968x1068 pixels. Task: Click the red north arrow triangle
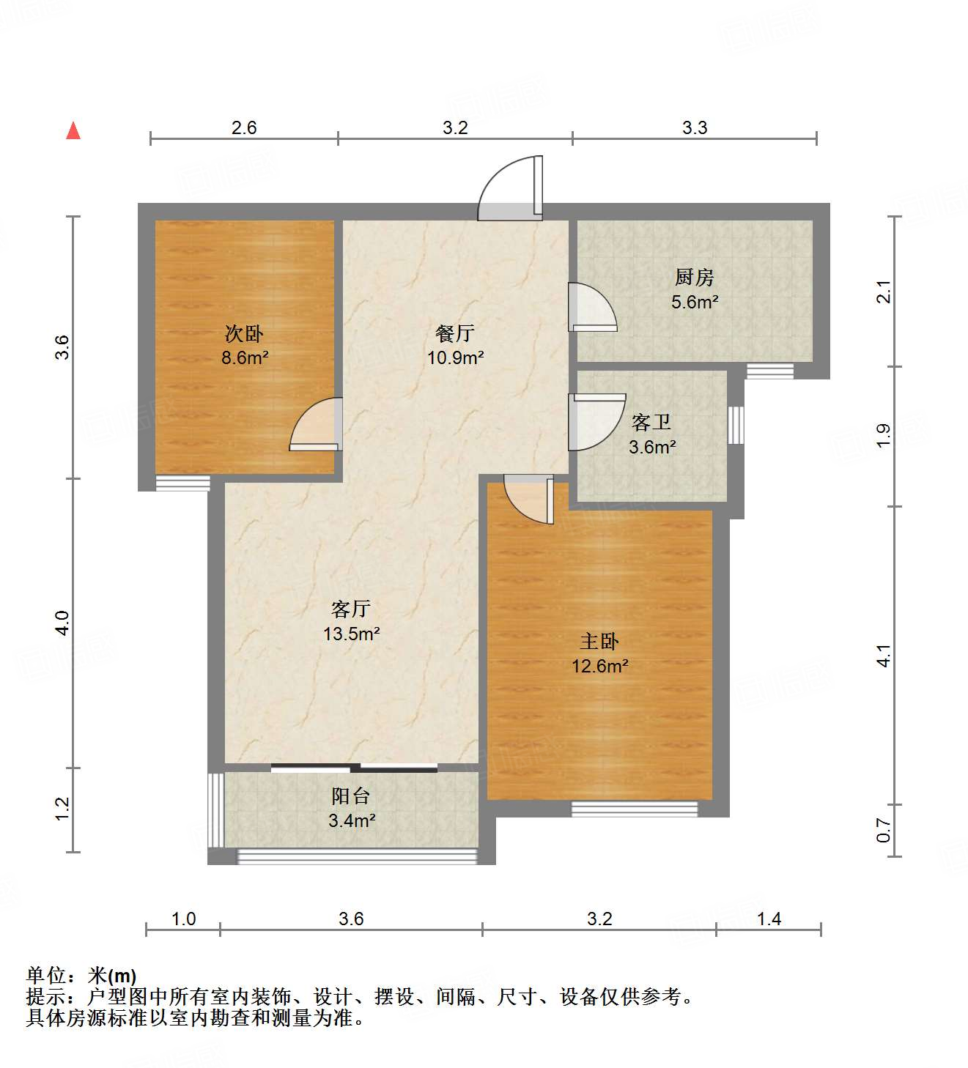click(x=73, y=130)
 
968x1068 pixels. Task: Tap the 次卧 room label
click(x=244, y=334)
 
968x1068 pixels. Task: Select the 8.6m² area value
click(x=245, y=358)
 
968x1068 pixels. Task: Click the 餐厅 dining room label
click(x=455, y=333)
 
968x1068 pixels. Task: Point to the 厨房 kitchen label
click(x=694, y=277)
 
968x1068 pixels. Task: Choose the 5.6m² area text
click(x=694, y=302)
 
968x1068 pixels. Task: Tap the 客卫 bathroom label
click(x=651, y=422)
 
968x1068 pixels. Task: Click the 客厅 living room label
click(x=351, y=609)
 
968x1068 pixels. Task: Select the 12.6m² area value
click(x=600, y=666)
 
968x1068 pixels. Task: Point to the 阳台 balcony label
click(x=351, y=796)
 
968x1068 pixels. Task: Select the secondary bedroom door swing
click(x=317, y=424)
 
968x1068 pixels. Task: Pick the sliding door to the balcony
click(x=354, y=768)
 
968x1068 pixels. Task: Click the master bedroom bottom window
click(x=635, y=809)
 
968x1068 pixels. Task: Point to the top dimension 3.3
click(x=695, y=128)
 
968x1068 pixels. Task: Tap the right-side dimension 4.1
click(x=884, y=655)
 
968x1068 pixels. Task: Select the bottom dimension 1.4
click(x=769, y=919)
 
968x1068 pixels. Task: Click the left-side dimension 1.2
click(x=63, y=809)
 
